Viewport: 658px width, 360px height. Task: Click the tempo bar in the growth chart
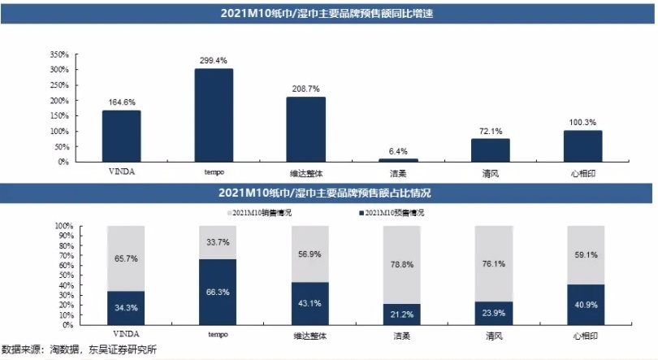[x=214, y=115]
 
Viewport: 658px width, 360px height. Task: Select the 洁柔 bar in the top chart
[x=399, y=159]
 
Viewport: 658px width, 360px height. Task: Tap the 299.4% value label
[x=214, y=60]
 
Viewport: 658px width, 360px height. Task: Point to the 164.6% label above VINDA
[x=121, y=102]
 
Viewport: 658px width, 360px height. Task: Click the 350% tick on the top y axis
[x=59, y=54]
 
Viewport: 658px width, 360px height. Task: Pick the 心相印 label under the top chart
[x=582, y=172]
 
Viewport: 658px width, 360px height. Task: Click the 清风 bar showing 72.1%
[x=491, y=150]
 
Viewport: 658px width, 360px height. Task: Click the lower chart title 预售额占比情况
[x=328, y=193]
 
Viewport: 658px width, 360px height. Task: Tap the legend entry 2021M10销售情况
[x=258, y=213]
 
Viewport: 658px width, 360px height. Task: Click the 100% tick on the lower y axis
[x=63, y=225]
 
